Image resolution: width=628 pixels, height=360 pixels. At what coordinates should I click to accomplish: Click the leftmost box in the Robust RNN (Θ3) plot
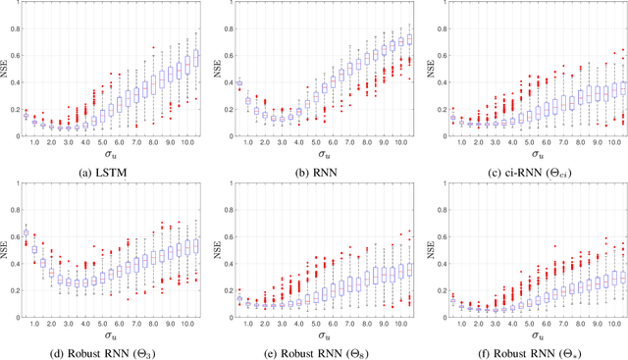(26, 233)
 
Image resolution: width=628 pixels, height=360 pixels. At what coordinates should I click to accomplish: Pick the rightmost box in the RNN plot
(409, 40)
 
